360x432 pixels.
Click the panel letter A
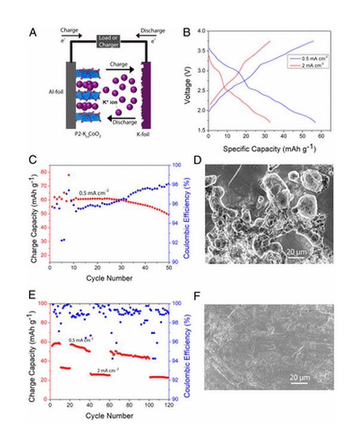33,32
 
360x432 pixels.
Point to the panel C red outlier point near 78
69,175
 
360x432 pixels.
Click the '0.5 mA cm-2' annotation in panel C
94,192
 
